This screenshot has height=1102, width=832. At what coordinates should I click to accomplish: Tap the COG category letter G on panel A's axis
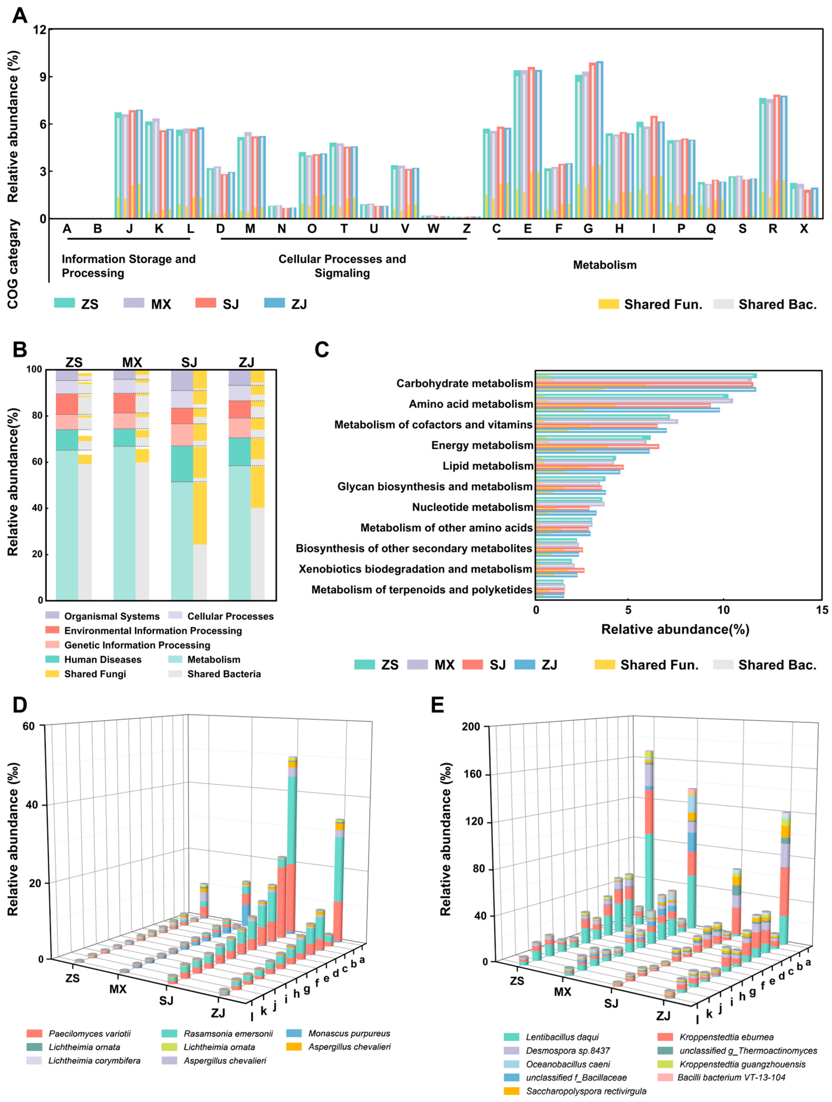tap(588, 229)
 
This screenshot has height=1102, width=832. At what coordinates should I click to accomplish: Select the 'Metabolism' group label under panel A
tap(604, 265)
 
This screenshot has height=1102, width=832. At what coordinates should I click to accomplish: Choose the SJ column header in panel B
tap(189, 362)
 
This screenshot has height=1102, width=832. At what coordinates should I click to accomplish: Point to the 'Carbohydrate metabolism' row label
tap(464, 383)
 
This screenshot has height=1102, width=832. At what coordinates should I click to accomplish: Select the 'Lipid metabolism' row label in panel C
tap(487, 466)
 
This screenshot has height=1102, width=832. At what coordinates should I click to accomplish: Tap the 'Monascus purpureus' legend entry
tap(349, 1034)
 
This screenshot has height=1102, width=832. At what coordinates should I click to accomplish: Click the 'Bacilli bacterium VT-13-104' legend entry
tap(731, 1078)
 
